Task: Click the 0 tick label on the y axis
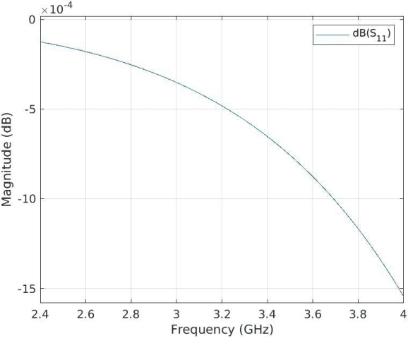click(31, 20)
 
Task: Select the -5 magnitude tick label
click(28, 109)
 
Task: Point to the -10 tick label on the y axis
click(25, 199)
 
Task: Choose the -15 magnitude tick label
click(25, 289)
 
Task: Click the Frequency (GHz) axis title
click(221, 328)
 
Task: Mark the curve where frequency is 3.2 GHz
click(222, 105)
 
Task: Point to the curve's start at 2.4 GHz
click(41, 42)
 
